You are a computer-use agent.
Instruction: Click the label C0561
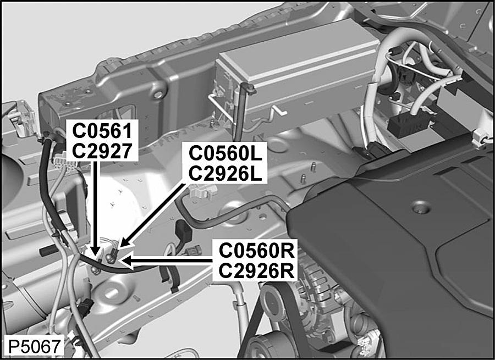tap(103, 131)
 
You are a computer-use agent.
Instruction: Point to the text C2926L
tap(226, 173)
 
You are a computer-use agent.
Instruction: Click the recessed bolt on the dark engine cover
tap(421, 208)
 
